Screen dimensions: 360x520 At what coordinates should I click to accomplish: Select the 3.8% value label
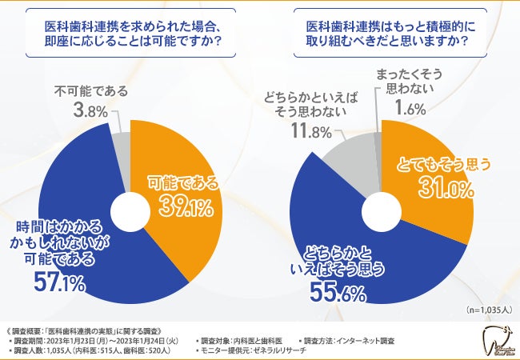[x=86, y=110]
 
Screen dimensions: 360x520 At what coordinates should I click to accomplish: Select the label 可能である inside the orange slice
[x=183, y=182]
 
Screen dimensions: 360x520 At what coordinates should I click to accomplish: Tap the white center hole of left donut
[x=130, y=213]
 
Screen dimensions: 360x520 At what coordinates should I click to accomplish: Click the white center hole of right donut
[x=382, y=213]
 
